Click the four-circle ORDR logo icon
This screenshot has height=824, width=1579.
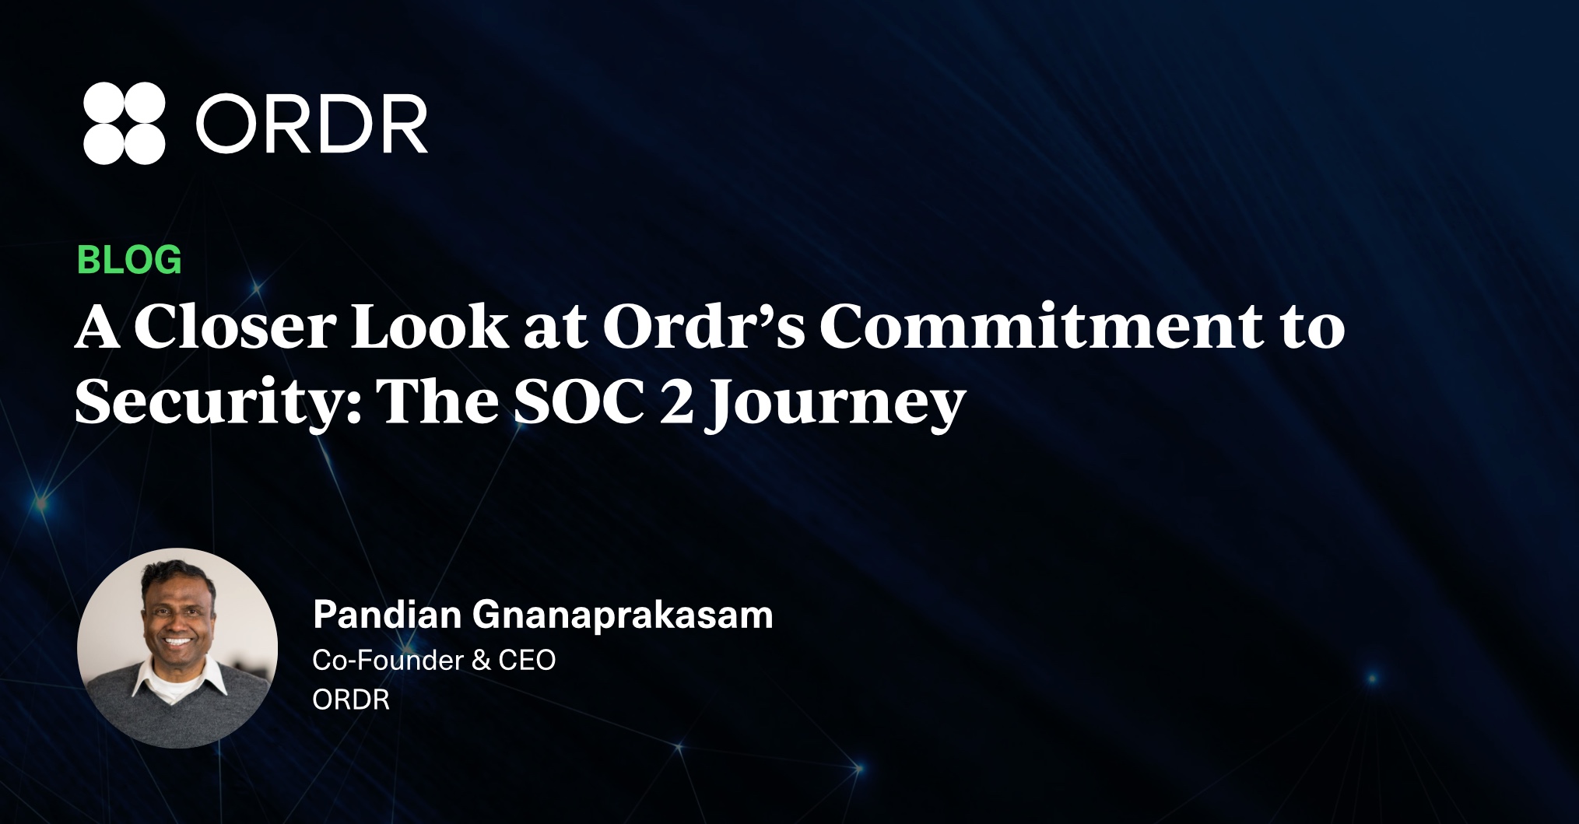[125, 123]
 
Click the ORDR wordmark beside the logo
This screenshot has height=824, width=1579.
[311, 124]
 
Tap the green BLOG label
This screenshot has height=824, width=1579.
[129, 260]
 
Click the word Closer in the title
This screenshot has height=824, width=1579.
[234, 326]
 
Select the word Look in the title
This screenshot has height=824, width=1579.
[430, 326]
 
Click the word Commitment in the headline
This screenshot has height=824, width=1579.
[1042, 326]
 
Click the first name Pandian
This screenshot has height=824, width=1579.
[387, 615]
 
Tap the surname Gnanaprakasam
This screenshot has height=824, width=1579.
[623, 616]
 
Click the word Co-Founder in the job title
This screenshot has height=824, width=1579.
[387, 660]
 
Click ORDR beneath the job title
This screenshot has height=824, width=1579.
[351, 700]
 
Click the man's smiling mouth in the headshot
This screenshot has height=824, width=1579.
[178, 642]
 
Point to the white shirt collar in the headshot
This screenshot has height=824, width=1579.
[179, 681]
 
